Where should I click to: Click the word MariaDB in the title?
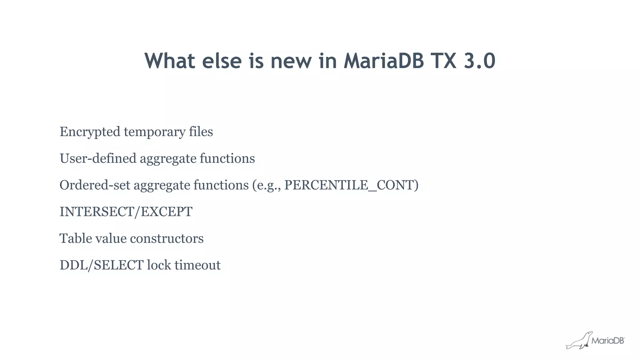pos(384,61)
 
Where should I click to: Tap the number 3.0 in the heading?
pos(479,61)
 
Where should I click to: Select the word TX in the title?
pos(443,61)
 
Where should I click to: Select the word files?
pos(201,132)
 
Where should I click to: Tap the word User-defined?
pos(98,158)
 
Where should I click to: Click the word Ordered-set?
pos(95,185)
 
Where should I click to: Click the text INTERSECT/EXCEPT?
pos(126,212)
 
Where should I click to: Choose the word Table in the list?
pos(75,238)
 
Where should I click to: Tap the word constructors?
pos(167,239)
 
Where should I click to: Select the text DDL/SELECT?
pos(102,265)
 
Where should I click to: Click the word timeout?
pos(197,265)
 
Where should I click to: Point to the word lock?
pos(159,265)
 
